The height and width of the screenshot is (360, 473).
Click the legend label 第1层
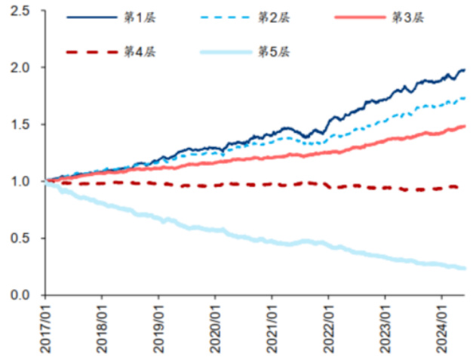136,17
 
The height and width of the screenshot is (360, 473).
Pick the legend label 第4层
136,51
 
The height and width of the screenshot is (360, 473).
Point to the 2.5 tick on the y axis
22,11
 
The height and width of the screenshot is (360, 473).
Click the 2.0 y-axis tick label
22,68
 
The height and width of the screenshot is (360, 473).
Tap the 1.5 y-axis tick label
22,125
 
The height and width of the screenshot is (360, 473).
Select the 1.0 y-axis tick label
22,181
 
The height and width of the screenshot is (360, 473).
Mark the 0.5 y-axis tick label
22,238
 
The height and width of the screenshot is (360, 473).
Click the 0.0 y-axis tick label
22,295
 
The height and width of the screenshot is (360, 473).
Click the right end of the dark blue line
464,70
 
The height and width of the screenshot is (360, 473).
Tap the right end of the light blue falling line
464,268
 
